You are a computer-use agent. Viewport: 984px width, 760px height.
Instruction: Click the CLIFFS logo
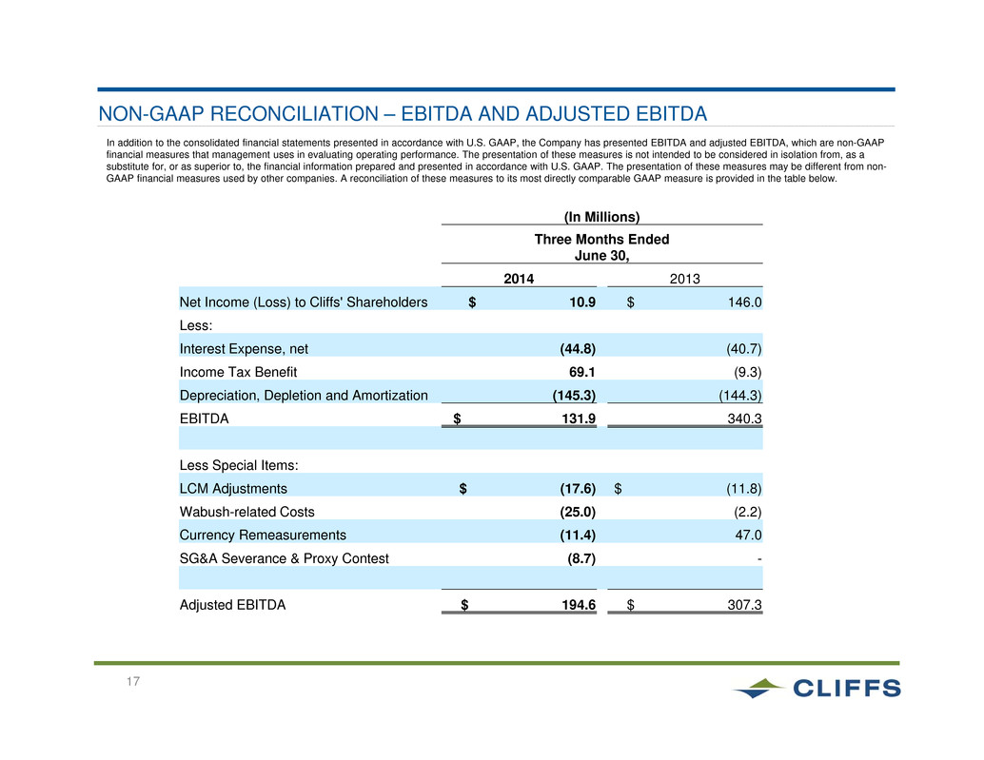coord(816,688)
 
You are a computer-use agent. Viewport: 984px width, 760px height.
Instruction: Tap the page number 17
coord(133,681)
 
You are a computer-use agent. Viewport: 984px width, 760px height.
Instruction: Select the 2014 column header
coord(519,279)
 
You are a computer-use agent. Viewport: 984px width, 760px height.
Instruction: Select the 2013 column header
coord(684,279)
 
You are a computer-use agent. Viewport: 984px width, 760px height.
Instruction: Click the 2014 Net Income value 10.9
coord(582,302)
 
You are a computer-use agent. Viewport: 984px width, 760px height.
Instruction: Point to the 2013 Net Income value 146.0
coord(745,302)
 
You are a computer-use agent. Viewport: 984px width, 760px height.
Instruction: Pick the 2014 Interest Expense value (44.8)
coord(578,349)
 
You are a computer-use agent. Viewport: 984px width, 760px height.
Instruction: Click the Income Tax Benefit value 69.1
coord(582,372)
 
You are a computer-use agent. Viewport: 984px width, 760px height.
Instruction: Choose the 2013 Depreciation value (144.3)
coord(740,395)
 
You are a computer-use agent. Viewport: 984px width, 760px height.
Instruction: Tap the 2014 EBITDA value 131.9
coord(579,419)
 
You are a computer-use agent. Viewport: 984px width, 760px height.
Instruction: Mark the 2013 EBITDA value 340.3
coord(745,419)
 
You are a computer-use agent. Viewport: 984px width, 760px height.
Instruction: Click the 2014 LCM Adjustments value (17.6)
coord(578,489)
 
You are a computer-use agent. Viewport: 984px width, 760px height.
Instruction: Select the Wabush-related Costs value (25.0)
coord(578,512)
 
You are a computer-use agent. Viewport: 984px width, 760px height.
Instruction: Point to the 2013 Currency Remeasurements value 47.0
coord(749,535)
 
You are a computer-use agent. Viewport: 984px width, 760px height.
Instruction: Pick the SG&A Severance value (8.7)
coord(581,558)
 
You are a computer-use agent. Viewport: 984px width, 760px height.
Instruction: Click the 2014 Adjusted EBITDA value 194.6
coord(579,605)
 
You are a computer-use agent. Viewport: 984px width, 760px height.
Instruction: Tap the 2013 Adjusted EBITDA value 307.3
coord(745,605)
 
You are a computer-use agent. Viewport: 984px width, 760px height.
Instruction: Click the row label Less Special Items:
coord(239,465)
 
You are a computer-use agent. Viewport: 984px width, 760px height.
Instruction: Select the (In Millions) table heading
coord(601,217)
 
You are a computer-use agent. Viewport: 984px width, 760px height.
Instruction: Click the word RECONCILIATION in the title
coord(294,113)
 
